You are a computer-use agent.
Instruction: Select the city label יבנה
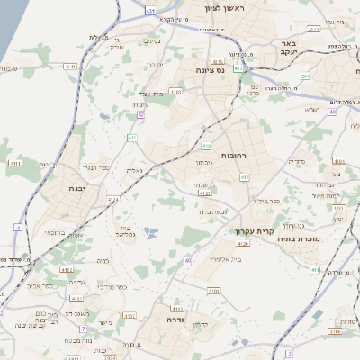pos(76,189)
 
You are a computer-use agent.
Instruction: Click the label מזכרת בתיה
pos(325,240)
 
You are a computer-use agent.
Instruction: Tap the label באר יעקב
pos(319,48)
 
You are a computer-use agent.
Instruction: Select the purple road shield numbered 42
pos(140,113)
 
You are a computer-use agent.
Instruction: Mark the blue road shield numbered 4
pos(18,227)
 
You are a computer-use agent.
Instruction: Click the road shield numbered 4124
pos(113,199)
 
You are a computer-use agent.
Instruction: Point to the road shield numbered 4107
pos(130,316)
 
